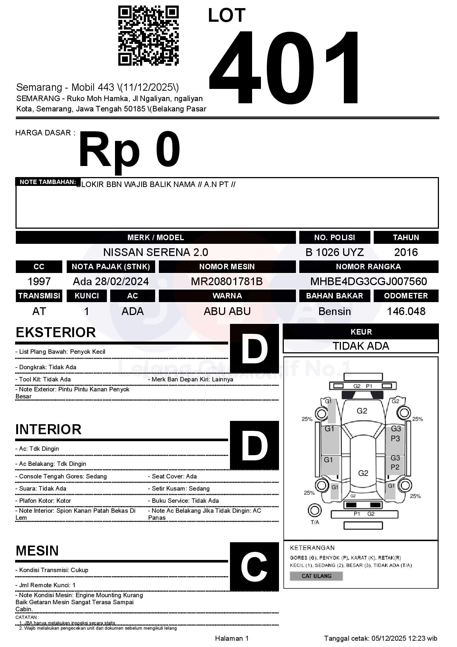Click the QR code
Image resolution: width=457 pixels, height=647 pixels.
(x=148, y=36)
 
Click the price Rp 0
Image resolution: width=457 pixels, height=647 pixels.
(x=129, y=150)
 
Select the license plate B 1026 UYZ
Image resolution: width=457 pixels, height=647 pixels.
(x=334, y=252)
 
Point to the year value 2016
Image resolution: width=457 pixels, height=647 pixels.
(x=406, y=252)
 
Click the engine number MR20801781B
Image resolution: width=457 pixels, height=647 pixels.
(x=227, y=281)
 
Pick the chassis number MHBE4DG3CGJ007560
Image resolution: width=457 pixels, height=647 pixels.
(x=369, y=281)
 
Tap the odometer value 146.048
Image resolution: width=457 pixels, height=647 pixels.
(x=406, y=311)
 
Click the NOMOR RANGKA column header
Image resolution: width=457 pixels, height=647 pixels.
(x=369, y=267)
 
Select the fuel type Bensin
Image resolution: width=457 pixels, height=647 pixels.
(x=334, y=311)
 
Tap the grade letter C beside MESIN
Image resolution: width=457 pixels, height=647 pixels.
(x=254, y=567)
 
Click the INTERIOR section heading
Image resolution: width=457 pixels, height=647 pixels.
(x=48, y=429)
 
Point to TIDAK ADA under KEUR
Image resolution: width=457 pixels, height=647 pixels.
(x=361, y=346)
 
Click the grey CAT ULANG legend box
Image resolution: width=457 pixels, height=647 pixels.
(x=316, y=576)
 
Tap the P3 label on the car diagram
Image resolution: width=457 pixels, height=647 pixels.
(x=395, y=439)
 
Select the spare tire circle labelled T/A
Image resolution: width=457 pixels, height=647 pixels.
(x=314, y=511)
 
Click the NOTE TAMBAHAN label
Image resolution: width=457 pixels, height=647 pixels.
(x=48, y=182)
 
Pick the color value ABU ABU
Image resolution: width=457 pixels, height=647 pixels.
(x=227, y=311)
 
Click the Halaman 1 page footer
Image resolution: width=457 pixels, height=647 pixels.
(x=232, y=638)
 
